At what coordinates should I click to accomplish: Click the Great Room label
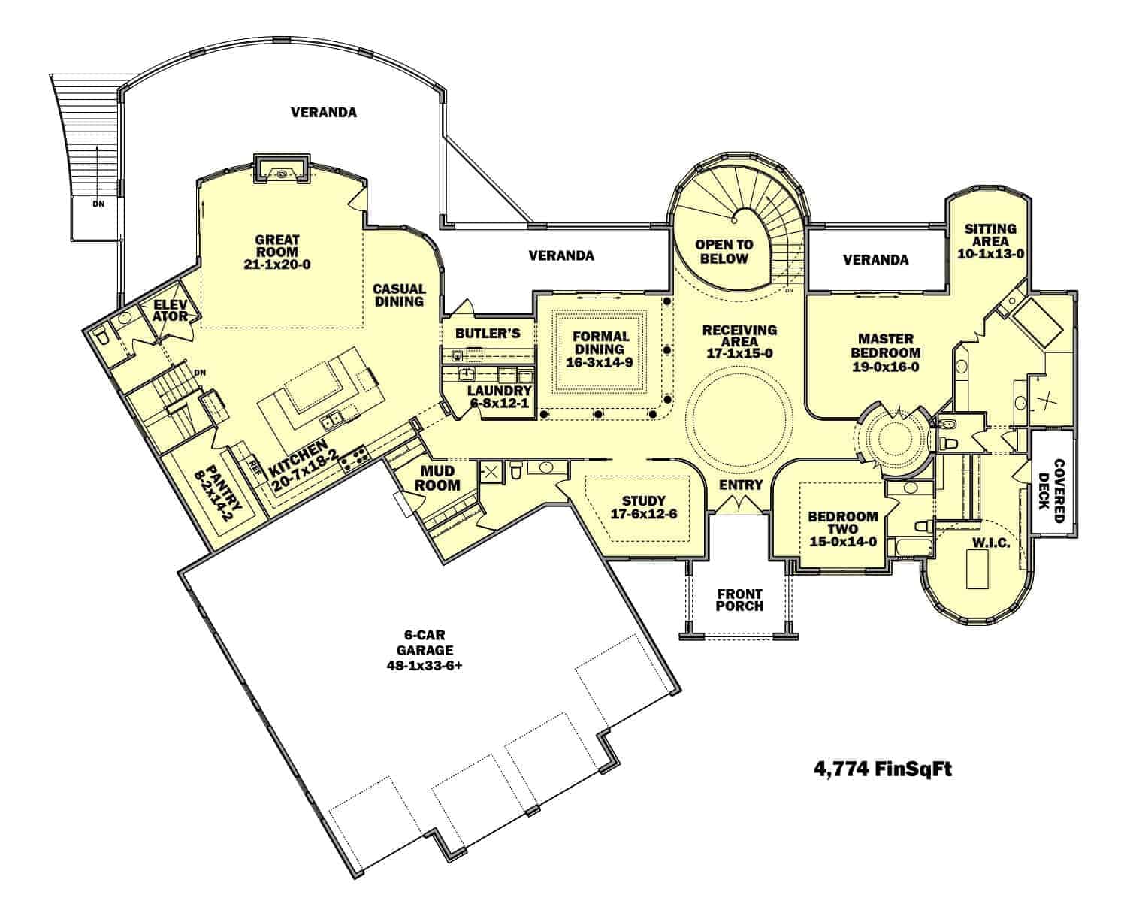click(x=276, y=246)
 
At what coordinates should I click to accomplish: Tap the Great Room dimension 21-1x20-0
click(x=276, y=265)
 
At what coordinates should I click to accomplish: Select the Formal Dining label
click(x=600, y=343)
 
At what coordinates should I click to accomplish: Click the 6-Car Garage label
click(x=425, y=642)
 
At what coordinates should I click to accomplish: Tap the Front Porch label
click(x=740, y=600)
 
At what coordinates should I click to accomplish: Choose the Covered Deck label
click(x=1051, y=491)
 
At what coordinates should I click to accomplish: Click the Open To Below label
click(x=724, y=252)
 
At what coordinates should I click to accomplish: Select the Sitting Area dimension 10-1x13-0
click(x=990, y=254)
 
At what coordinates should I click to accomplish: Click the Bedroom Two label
click(x=842, y=522)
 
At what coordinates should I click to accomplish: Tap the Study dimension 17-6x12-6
click(x=644, y=514)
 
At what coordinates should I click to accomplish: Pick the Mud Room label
click(x=437, y=479)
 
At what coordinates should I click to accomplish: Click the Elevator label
click(x=170, y=310)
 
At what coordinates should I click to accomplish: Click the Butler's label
click(x=488, y=334)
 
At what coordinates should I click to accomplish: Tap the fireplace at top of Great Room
click(x=281, y=169)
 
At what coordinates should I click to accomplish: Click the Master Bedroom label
click(x=885, y=346)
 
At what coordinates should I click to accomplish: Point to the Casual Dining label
click(x=399, y=295)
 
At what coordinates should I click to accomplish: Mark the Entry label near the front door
click(x=741, y=485)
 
